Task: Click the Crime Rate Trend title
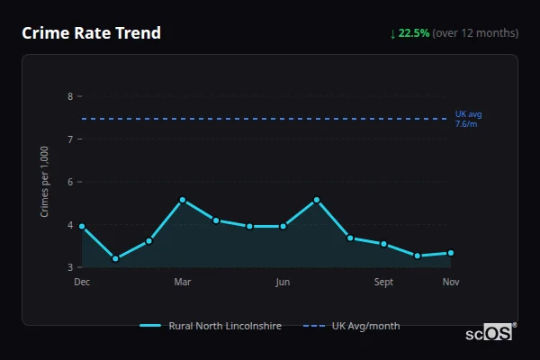click(91, 33)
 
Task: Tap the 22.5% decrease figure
click(414, 33)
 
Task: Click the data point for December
click(82, 227)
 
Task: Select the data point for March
click(183, 200)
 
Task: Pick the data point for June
click(283, 226)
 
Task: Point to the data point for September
click(383, 244)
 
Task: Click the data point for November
click(451, 253)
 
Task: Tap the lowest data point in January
click(115, 259)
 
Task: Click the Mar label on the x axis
click(183, 282)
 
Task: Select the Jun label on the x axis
click(283, 282)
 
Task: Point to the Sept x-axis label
click(383, 282)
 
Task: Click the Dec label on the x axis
click(82, 282)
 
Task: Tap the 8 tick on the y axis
click(70, 96)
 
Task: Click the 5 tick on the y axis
click(70, 225)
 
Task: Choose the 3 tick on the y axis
click(70, 267)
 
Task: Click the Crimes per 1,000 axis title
click(45, 183)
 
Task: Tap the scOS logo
click(490, 333)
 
